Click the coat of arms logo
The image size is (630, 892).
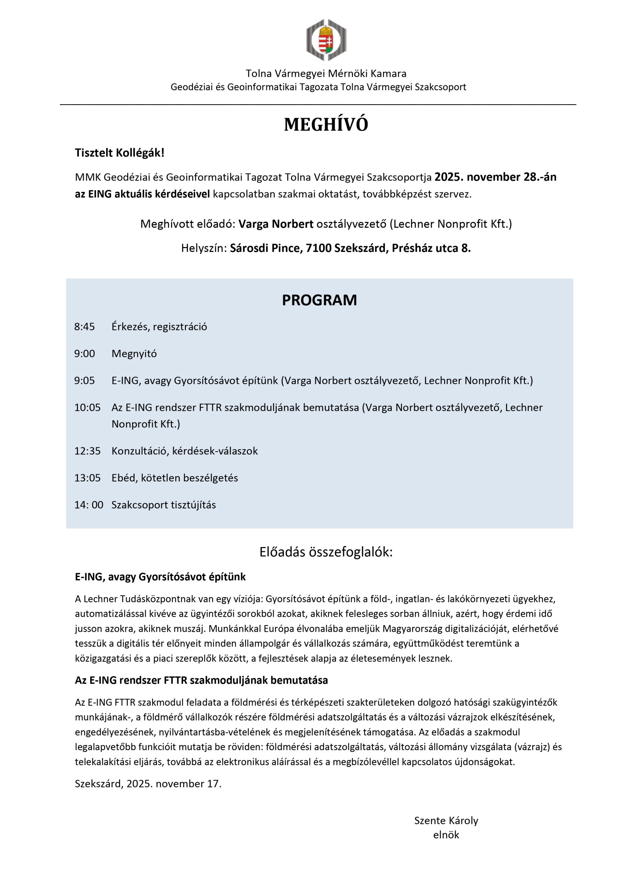[x=326, y=40]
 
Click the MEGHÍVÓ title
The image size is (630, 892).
[x=326, y=125]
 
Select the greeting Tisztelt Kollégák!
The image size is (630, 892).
[x=119, y=153]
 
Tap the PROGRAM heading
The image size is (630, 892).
[x=319, y=300]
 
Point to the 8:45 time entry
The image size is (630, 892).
[x=85, y=327]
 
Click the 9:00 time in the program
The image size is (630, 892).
[x=85, y=354]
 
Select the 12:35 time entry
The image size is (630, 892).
[x=87, y=451]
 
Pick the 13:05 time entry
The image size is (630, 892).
[x=87, y=478]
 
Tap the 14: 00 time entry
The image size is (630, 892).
[x=89, y=505]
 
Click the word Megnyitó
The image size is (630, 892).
[x=134, y=354]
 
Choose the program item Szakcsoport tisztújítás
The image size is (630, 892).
[x=164, y=505]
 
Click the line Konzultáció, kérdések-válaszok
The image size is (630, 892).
[x=184, y=451]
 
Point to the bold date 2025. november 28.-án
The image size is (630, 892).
[x=495, y=177]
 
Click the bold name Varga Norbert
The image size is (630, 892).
[x=276, y=224]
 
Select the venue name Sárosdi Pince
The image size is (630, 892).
[x=266, y=248]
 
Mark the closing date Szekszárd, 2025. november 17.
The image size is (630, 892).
[x=148, y=784]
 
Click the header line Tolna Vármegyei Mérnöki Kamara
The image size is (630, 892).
[x=326, y=74]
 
